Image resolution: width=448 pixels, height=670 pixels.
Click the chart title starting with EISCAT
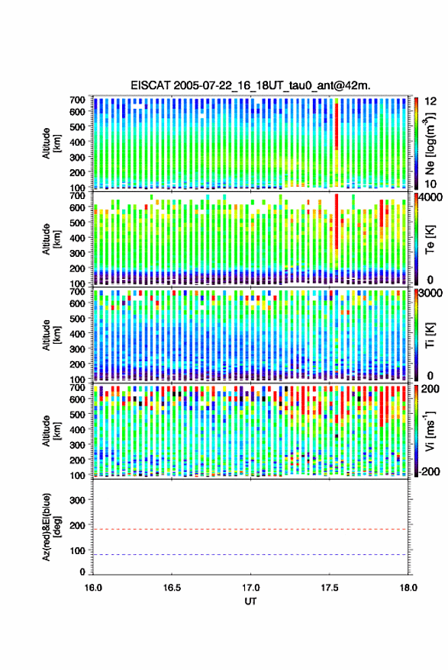coord(250,85)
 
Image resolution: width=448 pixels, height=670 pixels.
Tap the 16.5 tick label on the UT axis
coord(172,588)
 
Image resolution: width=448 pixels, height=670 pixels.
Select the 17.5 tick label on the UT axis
coord(330,588)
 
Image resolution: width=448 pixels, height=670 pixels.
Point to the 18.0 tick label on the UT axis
coord(408,588)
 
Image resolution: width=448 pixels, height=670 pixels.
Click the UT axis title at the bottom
coord(251,601)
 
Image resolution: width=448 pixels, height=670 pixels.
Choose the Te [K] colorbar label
coord(430,239)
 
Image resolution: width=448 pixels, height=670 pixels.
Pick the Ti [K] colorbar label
coord(430,335)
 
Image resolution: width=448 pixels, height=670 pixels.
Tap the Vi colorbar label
coord(430,431)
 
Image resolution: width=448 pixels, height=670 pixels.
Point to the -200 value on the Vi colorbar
coord(429,471)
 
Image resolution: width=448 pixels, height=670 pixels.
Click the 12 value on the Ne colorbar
coord(430,101)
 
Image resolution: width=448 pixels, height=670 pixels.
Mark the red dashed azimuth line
coord(250,529)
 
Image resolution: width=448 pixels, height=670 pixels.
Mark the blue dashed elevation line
coord(250,555)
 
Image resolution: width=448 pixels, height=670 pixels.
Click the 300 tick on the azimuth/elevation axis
coord(77,500)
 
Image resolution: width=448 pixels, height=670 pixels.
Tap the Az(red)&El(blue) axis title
coord(51,527)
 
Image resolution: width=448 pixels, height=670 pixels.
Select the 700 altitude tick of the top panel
coord(77,100)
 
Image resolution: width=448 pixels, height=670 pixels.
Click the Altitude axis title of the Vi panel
coord(51,431)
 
